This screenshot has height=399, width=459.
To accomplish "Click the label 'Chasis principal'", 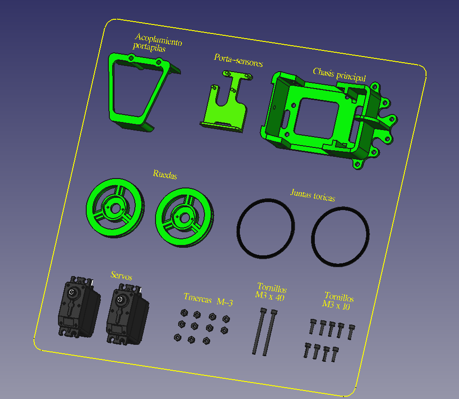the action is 339,74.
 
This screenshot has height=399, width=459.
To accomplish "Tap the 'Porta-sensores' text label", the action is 238,60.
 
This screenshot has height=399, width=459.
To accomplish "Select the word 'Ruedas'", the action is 165,174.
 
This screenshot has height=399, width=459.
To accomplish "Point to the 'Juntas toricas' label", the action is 312,195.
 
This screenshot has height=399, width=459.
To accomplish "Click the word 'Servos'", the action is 122,276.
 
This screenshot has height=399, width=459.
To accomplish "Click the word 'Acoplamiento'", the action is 159,40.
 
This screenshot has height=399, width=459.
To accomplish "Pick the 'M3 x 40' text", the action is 270,296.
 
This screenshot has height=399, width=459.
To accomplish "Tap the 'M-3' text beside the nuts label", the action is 225,302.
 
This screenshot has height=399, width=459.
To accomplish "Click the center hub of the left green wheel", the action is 115,209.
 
